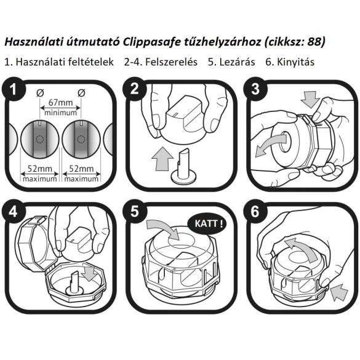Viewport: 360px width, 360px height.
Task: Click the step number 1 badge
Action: tap(14, 90)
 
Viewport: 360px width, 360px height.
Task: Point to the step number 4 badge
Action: tap(14, 211)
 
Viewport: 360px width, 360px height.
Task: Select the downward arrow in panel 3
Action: tap(312, 98)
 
